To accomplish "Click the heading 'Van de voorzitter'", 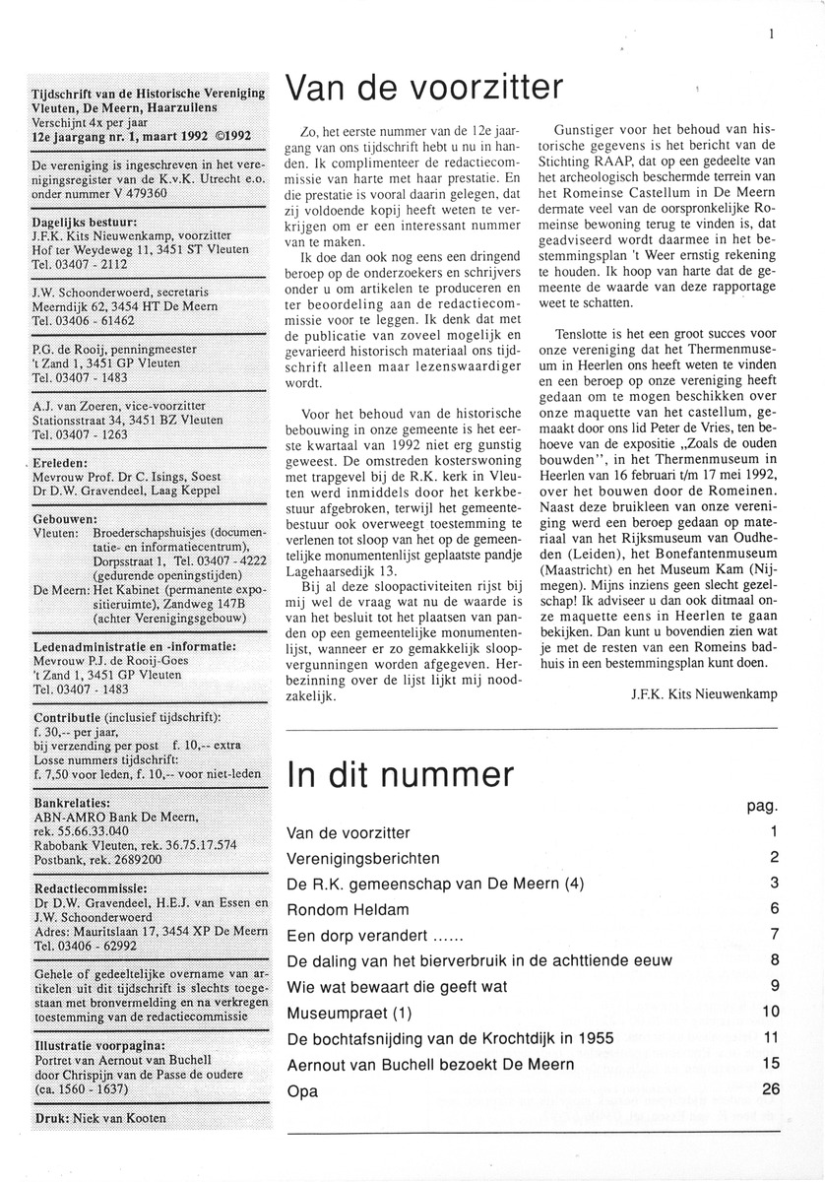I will click(x=424, y=90).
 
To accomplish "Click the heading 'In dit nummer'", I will click(x=400, y=773).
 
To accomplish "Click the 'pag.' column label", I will click(x=762, y=805).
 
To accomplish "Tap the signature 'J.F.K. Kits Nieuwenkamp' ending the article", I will click(x=701, y=693).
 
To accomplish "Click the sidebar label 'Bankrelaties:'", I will click(x=71, y=803).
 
